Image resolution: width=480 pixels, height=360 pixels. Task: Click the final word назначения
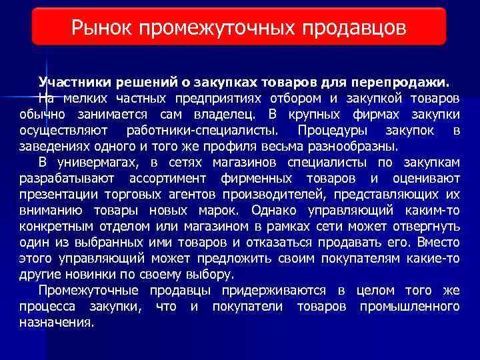(x=55, y=322)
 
